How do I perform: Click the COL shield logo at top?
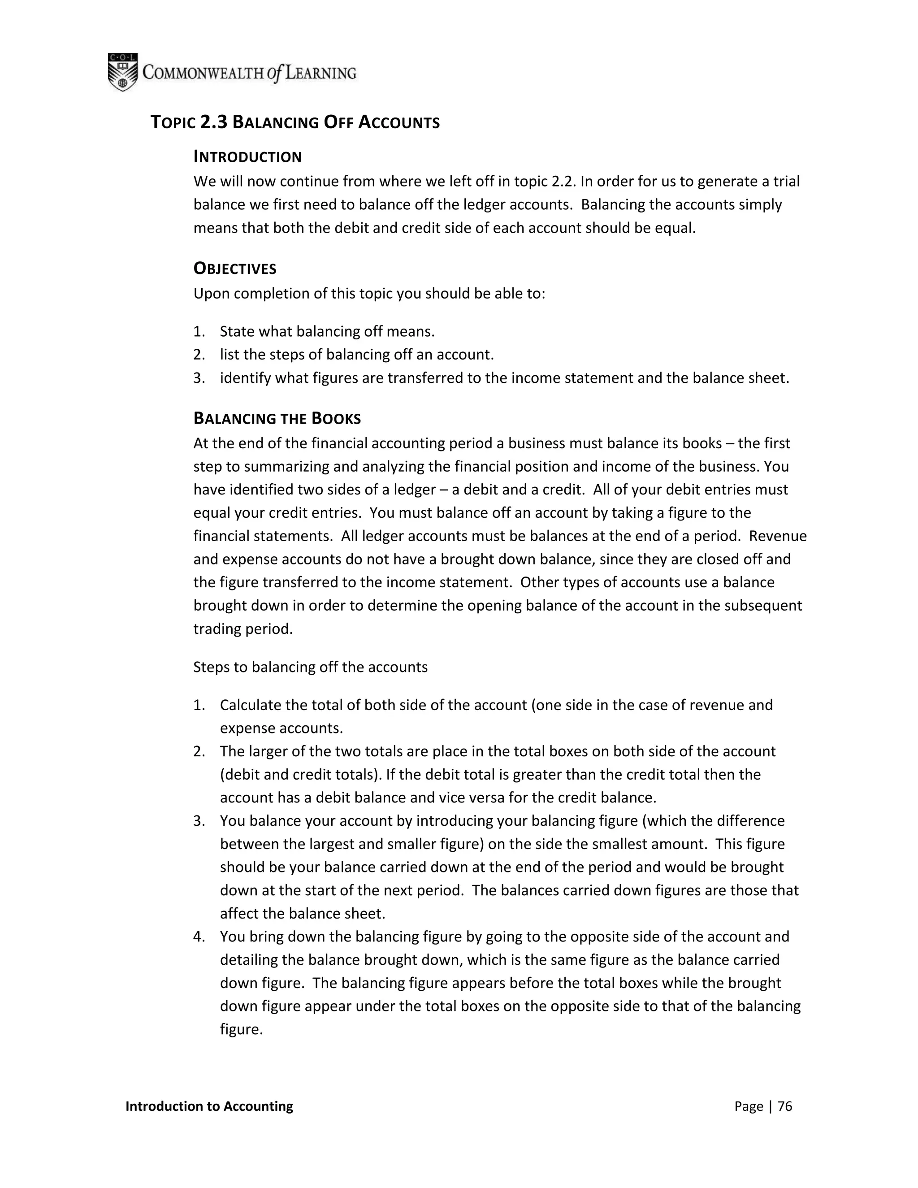coord(122,72)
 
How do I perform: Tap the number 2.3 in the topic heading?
coord(214,122)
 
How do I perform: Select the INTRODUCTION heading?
coord(247,157)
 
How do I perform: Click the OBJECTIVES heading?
coord(235,269)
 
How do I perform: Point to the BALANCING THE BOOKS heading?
coord(277,418)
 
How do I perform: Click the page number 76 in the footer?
coord(785,1106)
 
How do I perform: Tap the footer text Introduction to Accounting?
coord(209,1106)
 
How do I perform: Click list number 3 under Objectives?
coord(199,377)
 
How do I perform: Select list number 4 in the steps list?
coord(199,936)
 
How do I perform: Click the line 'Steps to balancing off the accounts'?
coord(311,667)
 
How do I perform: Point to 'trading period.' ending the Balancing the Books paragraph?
coord(243,629)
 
